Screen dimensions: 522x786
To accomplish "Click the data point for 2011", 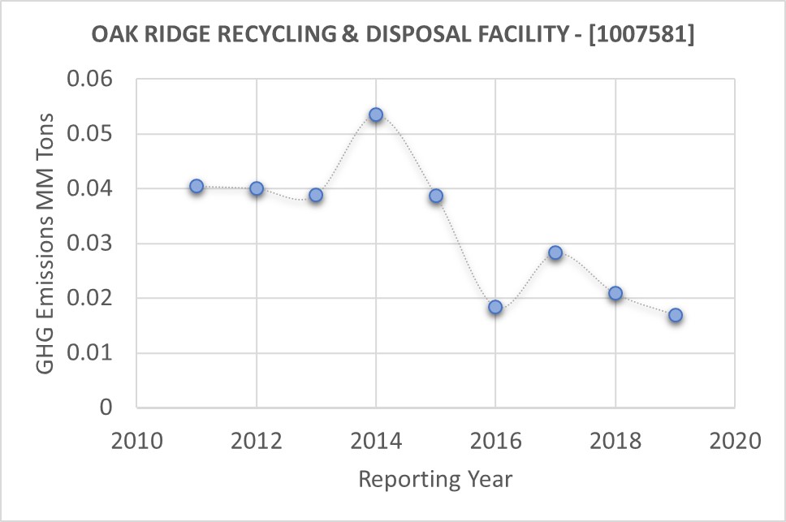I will [196, 186].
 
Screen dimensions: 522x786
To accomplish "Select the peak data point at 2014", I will [376, 114].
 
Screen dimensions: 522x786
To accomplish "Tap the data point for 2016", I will [495, 307].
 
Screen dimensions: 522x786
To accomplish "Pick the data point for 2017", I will [555, 252].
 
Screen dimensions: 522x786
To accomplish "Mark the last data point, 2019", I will [675, 315].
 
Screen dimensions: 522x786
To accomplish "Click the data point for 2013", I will [316, 195].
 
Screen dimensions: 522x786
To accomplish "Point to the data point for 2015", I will [436, 196].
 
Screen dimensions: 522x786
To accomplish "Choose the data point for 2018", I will [615, 293].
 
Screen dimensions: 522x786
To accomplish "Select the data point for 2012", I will [257, 188].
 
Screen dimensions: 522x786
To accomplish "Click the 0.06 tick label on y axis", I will [94, 80].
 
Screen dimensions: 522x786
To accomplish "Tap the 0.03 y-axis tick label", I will [94, 244].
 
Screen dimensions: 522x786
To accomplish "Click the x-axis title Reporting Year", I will [435, 479].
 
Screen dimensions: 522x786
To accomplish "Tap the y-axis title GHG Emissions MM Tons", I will [47, 244].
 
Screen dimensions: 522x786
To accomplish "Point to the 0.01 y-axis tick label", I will [94, 353].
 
